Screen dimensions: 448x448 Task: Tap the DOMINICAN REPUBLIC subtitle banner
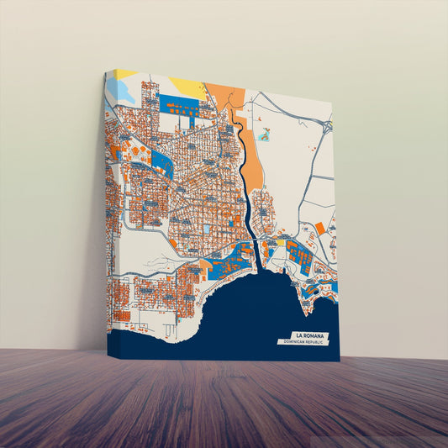(x=305, y=343)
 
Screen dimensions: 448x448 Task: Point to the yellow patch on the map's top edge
(x=187, y=86)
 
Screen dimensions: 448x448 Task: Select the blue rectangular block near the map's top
(x=180, y=108)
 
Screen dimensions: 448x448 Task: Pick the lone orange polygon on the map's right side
(x=319, y=228)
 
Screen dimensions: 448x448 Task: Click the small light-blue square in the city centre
(x=207, y=228)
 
